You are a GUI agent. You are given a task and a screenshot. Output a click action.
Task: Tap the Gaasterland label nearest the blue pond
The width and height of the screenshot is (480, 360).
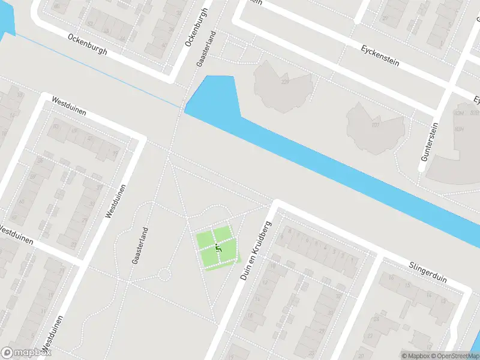pos(205,49)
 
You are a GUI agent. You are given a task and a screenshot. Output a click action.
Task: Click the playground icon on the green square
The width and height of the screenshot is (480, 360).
pos(219,245)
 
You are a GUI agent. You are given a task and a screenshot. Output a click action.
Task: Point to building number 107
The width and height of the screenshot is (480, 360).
pos(376,125)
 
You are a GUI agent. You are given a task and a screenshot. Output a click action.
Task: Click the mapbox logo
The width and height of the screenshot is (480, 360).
pos(26,353)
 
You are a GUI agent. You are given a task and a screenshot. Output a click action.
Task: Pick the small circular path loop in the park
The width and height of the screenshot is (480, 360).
pos(163,275)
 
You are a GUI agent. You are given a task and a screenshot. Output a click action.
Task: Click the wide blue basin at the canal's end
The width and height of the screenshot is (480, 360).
pos(211,96)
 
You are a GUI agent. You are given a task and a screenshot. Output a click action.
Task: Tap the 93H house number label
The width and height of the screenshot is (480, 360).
pos(460,129)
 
